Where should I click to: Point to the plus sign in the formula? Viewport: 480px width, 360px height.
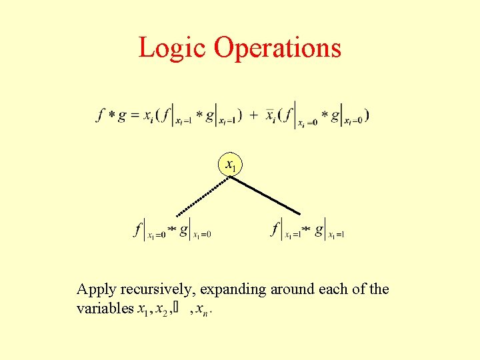[x=254, y=115]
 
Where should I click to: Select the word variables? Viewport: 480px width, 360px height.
[x=105, y=309]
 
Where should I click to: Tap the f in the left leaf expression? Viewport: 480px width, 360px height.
[x=139, y=230]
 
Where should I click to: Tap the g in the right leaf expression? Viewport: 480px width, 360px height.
[x=319, y=230]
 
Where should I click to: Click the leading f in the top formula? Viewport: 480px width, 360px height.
[x=101, y=115]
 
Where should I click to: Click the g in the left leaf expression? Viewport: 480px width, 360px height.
[x=183, y=230]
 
